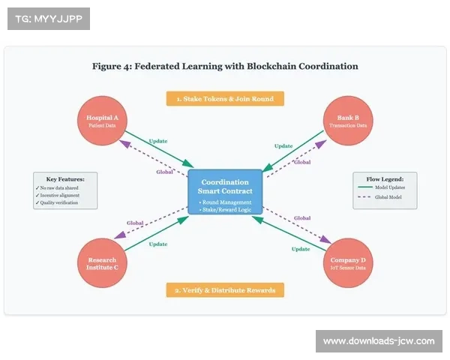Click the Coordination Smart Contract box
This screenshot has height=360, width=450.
[x=225, y=190]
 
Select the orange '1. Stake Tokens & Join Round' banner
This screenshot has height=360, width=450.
[x=225, y=98]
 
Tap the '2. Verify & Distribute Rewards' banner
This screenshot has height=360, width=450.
[x=225, y=289]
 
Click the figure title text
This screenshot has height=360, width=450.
[x=225, y=66]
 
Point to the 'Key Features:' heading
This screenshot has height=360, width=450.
[x=66, y=179]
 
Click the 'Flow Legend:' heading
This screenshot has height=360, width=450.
[x=384, y=179]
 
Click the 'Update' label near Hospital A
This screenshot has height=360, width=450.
[x=158, y=141]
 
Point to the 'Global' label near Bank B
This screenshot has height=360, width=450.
[x=302, y=162]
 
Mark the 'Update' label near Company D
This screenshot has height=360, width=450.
[x=301, y=248]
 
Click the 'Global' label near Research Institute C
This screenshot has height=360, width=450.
[x=135, y=223]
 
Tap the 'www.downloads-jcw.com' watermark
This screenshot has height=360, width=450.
[x=379, y=341]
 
